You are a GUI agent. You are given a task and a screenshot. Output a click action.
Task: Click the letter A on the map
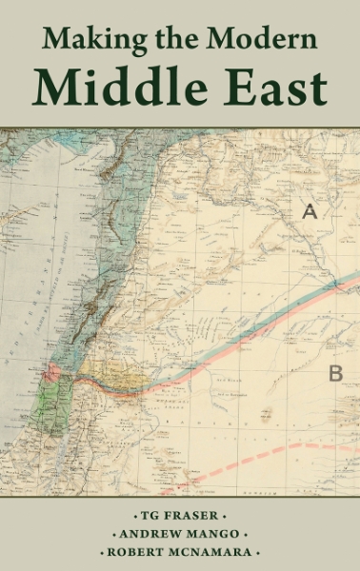click(310, 211)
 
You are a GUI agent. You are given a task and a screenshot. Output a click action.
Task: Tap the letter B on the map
click(335, 373)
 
